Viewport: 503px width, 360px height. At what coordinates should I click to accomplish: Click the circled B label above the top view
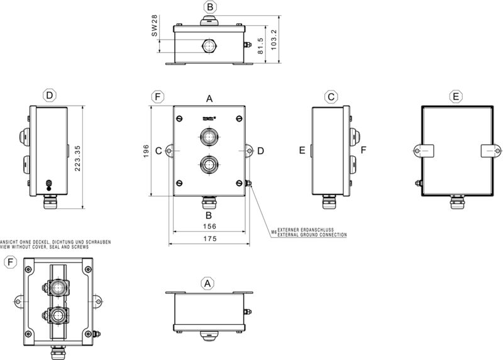pyautogui.click(x=211, y=8)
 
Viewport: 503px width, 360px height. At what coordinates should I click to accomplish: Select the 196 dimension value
pyautogui.click(x=145, y=150)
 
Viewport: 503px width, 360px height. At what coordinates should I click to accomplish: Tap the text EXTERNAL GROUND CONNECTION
pyautogui.click(x=312, y=235)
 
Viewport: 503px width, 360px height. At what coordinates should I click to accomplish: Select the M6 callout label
pyautogui.click(x=274, y=232)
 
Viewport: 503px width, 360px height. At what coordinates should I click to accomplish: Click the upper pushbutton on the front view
pyautogui.click(x=209, y=136)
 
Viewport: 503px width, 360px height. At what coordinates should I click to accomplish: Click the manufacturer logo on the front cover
pyautogui.click(x=209, y=118)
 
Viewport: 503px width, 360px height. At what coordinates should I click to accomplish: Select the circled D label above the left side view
pyautogui.click(x=50, y=96)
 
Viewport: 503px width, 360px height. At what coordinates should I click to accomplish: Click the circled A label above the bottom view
pyautogui.click(x=208, y=284)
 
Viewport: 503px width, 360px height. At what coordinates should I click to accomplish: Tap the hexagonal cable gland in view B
pyautogui.click(x=209, y=45)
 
